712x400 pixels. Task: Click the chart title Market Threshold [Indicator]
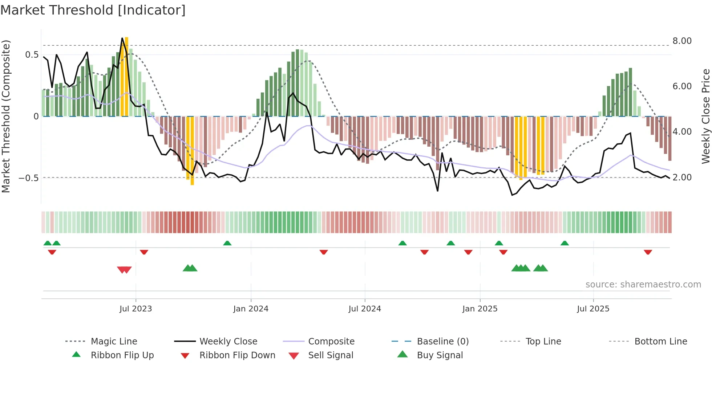pyautogui.click(x=93, y=10)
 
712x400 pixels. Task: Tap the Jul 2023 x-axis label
pyautogui.click(x=135, y=309)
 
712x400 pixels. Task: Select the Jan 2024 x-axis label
pyautogui.click(x=251, y=309)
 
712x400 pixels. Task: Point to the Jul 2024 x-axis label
pyautogui.click(x=365, y=309)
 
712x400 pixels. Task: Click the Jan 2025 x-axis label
pyautogui.click(x=480, y=309)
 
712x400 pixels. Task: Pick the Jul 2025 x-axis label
pyautogui.click(x=593, y=309)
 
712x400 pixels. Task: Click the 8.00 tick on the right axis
pyautogui.click(x=682, y=41)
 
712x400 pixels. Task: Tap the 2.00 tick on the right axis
pyautogui.click(x=682, y=177)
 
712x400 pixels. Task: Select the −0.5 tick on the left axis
pyautogui.click(x=28, y=178)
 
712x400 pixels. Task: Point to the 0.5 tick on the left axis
pyautogui.click(x=32, y=55)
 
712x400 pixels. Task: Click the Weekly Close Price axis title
pyautogui.click(x=705, y=116)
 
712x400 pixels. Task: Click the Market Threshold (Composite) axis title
pyautogui.click(x=6, y=116)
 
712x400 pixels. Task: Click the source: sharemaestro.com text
pyautogui.click(x=643, y=285)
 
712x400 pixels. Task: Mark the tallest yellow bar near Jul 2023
pyautogui.click(x=126, y=76)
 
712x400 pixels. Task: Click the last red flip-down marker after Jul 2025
pyautogui.click(x=648, y=252)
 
